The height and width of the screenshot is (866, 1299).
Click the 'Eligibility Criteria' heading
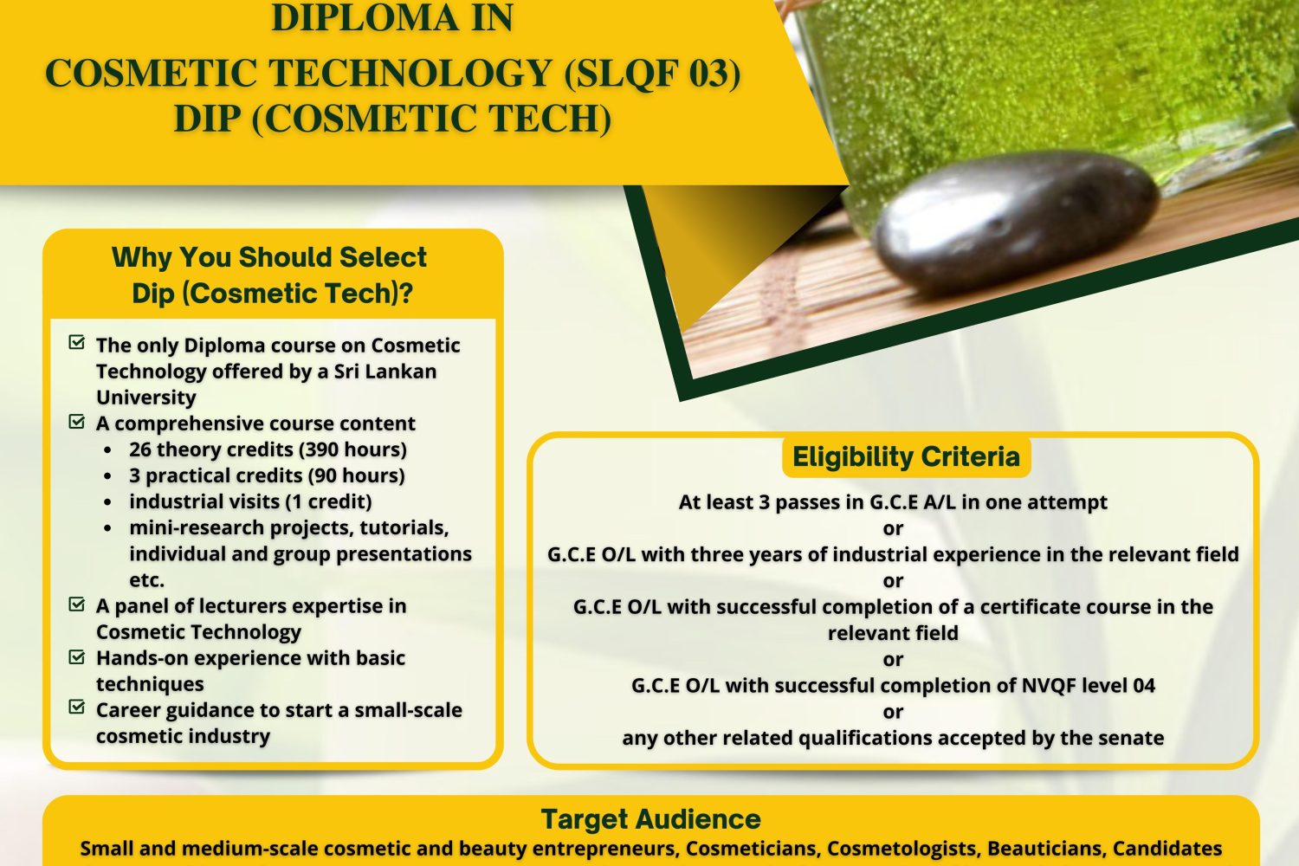906,456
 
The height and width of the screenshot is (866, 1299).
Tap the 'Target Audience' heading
650,819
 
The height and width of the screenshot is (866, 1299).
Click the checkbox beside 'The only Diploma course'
76,342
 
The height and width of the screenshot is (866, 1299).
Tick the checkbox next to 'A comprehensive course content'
76,421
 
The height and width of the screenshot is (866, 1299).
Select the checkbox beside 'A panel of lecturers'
76,604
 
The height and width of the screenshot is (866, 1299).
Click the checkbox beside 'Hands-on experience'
76,656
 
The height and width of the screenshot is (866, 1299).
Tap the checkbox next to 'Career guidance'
76,707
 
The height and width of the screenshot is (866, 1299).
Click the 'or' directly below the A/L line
893,528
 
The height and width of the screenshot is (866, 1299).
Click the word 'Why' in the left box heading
141,257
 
